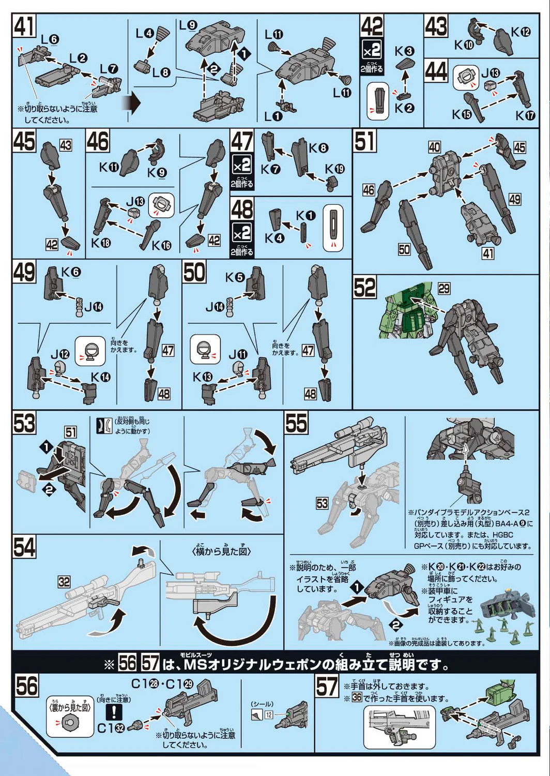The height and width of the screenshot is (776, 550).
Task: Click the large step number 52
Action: [365, 288]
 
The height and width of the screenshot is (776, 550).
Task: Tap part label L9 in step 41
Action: [188, 25]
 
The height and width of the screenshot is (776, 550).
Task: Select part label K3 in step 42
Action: [404, 51]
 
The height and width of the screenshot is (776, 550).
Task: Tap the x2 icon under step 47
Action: [242, 165]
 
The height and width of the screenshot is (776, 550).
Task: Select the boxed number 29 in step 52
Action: [444, 288]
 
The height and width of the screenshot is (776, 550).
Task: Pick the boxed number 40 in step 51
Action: [434, 147]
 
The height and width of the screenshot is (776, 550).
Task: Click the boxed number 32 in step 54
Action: [64, 582]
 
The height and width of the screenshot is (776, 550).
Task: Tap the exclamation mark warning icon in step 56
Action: [114, 713]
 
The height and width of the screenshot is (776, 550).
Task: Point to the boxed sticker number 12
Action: [269, 714]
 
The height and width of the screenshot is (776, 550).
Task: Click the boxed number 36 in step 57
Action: [357, 698]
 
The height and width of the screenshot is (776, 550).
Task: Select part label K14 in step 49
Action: [101, 377]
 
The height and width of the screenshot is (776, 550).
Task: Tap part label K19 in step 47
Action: [334, 169]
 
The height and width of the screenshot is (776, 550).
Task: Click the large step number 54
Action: [24, 547]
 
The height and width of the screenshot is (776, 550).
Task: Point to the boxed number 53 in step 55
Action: [322, 503]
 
